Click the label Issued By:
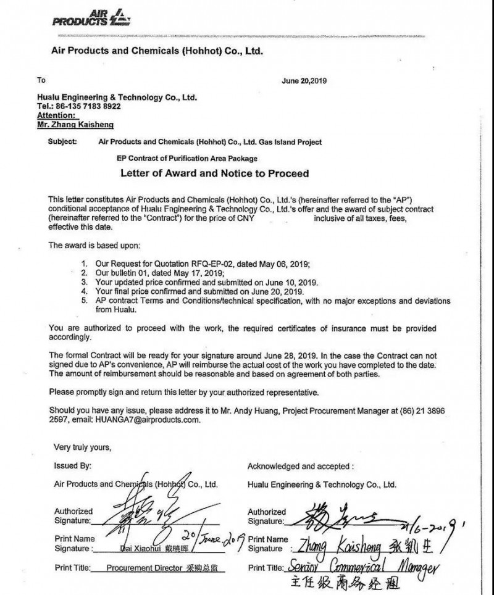pyautogui.click(x=72, y=466)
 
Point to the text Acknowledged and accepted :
pyautogui.click(x=301, y=466)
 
